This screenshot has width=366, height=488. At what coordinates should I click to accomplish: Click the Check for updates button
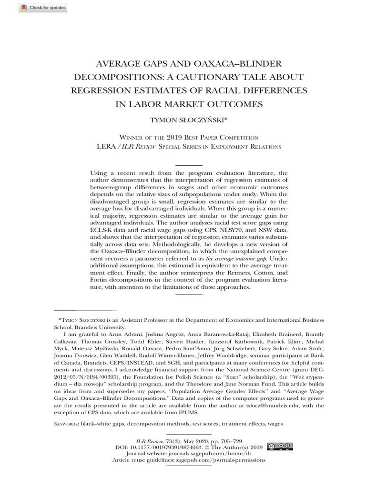pyautogui.click(x=43, y=8)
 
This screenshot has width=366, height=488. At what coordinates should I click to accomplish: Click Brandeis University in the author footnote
pyautogui.click(x=100, y=327)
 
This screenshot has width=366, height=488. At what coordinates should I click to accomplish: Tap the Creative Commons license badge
pyautogui.click(x=280, y=447)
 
